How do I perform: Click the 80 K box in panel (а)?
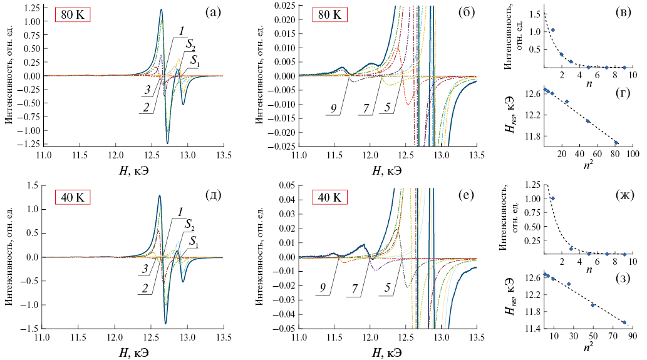click(x=72, y=15)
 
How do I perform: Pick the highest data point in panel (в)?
click(x=552, y=30)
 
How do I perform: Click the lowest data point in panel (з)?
click(x=624, y=322)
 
